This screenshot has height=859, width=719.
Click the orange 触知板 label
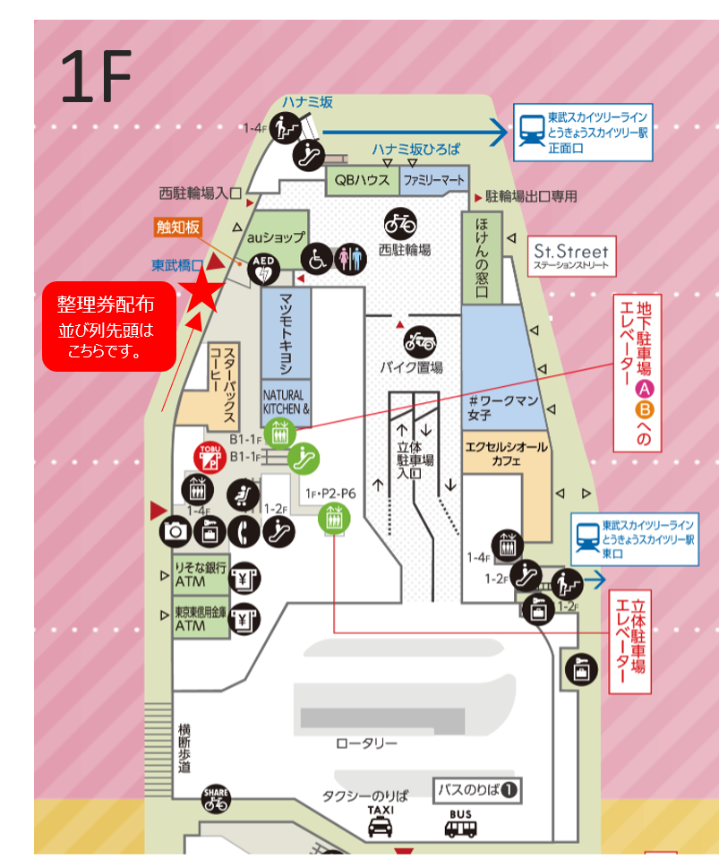pos(179,228)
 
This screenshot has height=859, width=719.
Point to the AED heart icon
pos(262,266)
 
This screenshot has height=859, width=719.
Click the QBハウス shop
pos(362,180)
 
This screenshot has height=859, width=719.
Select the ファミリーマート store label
pos(433,180)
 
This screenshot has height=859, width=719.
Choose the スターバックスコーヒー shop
pos(222,385)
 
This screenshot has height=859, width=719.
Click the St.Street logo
pos(569,255)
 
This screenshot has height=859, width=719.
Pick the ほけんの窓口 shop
pos(482,258)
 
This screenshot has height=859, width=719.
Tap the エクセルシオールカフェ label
pos(505,453)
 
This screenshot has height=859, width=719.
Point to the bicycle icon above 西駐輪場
pos(399,223)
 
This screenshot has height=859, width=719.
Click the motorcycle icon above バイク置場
pos(420,340)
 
